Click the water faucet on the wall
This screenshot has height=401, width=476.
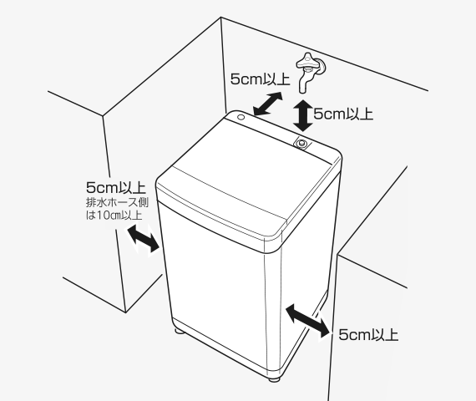tap(311, 71)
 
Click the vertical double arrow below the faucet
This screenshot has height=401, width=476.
tap(302, 116)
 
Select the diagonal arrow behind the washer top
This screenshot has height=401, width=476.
tap(268, 104)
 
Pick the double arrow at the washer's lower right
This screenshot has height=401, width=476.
tap(307, 321)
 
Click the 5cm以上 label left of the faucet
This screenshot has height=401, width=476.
tap(261, 79)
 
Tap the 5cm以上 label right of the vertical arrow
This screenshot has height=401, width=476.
tap(343, 114)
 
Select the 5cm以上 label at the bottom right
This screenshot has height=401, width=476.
tap(368, 335)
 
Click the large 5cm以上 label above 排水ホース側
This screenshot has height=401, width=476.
tap(116, 187)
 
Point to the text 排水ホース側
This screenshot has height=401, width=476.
tap(118, 202)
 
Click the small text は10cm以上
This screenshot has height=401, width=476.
tap(114, 215)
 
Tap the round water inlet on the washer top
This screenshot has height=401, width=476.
tap(301, 143)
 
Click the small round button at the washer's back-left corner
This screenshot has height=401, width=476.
tap(241, 117)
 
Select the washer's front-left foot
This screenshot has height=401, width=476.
tap(180, 331)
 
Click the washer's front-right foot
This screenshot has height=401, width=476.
tap(275, 378)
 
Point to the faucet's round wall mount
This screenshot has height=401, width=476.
tap(322, 67)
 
